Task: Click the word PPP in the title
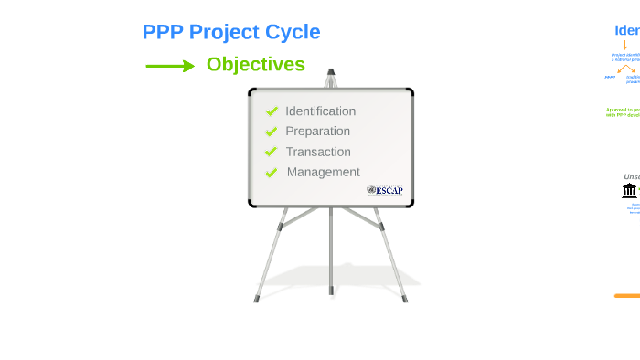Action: coord(163,32)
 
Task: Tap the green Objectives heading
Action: coord(255,64)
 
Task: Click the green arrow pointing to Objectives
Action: coord(170,66)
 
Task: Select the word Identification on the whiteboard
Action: coord(320,111)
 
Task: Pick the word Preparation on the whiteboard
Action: coord(317,132)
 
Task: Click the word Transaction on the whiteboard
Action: coord(317,152)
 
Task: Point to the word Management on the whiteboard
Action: coord(323,172)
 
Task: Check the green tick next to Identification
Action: coord(272,111)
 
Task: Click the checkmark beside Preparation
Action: coord(272,132)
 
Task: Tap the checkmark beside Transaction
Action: coord(272,152)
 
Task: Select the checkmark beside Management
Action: coord(272,172)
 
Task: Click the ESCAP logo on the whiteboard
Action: coord(385,190)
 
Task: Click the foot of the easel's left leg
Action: coord(256,298)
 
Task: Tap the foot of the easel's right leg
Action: coord(405,298)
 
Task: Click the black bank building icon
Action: coord(629,190)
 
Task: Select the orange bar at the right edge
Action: coord(627,296)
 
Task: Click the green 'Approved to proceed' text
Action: coord(623,111)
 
